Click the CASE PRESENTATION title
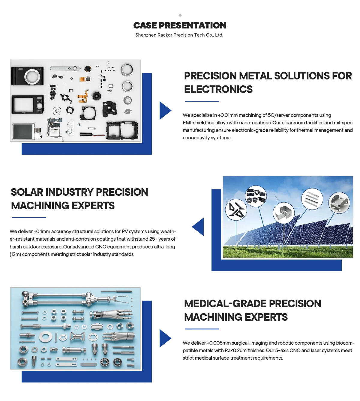click(x=180, y=25)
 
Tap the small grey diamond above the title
click(x=180, y=15)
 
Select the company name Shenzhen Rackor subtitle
click(x=179, y=35)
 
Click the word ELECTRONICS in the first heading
click(x=218, y=89)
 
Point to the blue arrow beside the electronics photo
click(x=165, y=111)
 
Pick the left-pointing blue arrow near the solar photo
click(x=198, y=227)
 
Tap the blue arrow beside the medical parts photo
click(x=165, y=338)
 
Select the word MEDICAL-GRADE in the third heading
click(x=225, y=304)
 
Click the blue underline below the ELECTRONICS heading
click(x=202, y=101)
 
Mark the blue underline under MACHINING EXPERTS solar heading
click(x=29, y=218)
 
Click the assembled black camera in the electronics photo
click(x=27, y=76)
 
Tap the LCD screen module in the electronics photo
click(x=23, y=132)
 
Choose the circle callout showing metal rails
click(x=312, y=199)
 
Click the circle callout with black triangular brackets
click(x=236, y=209)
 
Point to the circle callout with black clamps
click(x=256, y=196)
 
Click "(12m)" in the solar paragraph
click(x=15, y=254)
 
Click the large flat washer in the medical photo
click(x=46, y=336)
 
